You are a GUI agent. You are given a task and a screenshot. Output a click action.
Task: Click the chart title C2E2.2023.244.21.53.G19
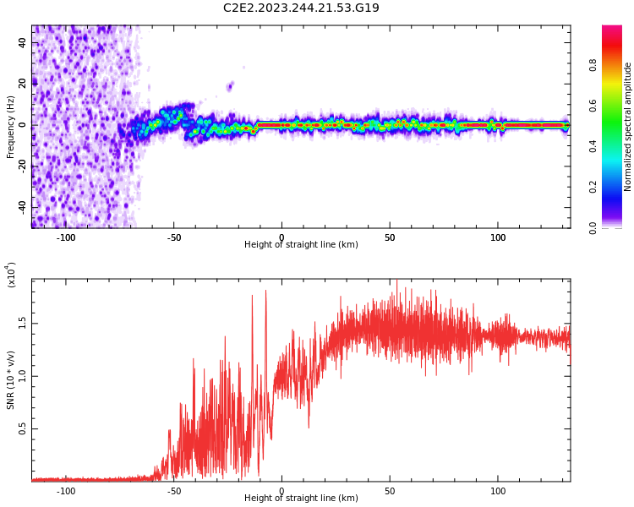pos(301,8)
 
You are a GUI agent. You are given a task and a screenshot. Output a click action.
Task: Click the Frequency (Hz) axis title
pos(11,127)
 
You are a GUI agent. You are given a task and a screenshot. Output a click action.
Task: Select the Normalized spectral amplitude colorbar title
pos(628,127)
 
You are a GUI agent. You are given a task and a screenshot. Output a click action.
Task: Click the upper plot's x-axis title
pos(301,245)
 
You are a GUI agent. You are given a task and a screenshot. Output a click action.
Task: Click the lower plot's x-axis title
pos(301,499)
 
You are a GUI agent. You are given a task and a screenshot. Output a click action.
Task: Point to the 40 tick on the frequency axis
pos(23,43)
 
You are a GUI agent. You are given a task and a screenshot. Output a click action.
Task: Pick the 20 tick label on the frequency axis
pos(23,84)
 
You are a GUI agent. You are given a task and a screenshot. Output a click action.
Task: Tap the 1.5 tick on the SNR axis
pos(23,323)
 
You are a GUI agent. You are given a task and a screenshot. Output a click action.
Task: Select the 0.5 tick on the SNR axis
pos(23,429)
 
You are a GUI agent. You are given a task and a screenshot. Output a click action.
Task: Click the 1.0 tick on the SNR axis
pos(23,376)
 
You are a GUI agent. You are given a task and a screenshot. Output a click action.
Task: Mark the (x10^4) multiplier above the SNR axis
pos(12,275)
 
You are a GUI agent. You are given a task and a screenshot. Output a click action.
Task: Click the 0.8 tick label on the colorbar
pos(616,64)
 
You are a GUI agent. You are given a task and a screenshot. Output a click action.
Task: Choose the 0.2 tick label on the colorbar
pos(616,187)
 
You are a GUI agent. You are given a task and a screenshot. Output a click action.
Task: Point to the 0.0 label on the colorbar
pos(616,227)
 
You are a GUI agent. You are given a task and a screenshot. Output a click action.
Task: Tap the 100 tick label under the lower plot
pos(498,491)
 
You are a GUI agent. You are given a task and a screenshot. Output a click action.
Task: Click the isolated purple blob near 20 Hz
pos(229,85)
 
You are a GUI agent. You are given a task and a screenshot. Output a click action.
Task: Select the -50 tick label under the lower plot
pos(173,491)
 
